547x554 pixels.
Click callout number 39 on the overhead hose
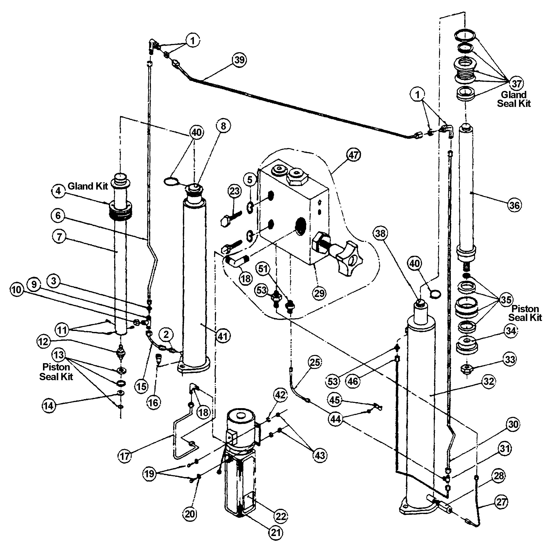pyautogui.click(x=239, y=60)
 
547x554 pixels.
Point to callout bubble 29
pyautogui.click(x=319, y=293)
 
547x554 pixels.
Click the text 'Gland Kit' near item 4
pyautogui.click(x=87, y=186)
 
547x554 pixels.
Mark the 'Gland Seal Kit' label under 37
pyautogui.click(x=514, y=99)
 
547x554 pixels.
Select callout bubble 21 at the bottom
pyautogui.click(x=276, y=533)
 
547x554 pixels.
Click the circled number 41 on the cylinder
pyautogui.click(x=223, y=336)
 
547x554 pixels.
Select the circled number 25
pyautogui.click(x=315, y=362)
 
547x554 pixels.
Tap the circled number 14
pyautogui.click(x=49, y=405)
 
